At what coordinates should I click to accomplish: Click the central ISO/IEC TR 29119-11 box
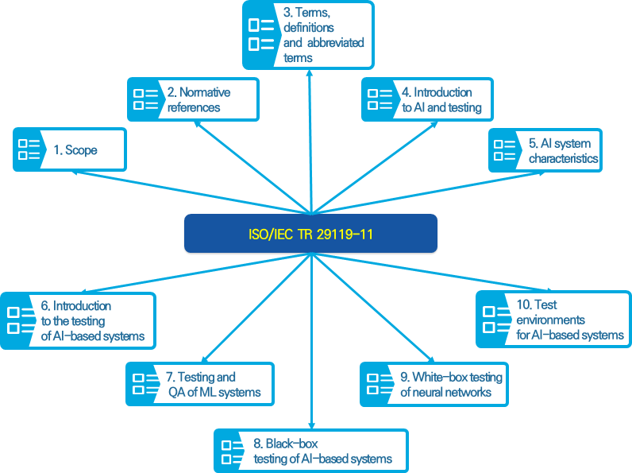point(310,234)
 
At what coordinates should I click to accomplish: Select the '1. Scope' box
point(69,149)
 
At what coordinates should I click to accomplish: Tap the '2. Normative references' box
point(193,99)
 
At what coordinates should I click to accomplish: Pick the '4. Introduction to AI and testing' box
point(427,99)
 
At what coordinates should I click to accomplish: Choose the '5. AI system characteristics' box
point(544,150)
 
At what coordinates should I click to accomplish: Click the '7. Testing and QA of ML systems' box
point(199,384)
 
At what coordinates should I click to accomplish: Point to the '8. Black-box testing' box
point(310,452)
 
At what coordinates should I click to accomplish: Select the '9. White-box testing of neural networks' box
point(434,384)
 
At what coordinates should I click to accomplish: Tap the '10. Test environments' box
point(553,319)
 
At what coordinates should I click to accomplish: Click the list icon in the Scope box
point(29,149)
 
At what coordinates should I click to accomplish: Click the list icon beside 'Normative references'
point(145,99)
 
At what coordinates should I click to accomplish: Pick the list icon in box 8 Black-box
point(231,452)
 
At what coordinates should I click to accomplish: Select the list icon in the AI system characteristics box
point(505,150)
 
